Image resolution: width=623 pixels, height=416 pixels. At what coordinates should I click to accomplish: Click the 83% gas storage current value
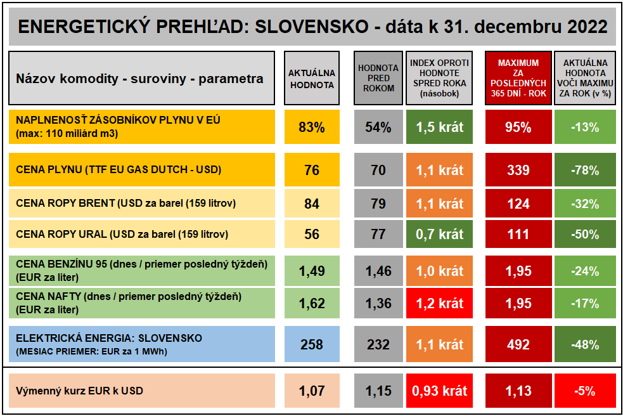point(311,127)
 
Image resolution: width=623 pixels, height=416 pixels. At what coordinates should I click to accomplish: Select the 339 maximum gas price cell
point(518,170)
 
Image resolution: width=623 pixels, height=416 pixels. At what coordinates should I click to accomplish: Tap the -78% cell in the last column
point(584,170)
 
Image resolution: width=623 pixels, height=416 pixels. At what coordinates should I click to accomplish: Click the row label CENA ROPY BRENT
point(126,204)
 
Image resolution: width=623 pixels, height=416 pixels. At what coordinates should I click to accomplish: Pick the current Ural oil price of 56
point(311,234)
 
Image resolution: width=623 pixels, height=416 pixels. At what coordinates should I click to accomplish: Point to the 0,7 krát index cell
point(439,234)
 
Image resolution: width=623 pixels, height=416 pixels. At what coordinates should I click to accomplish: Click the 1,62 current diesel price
point(311,303)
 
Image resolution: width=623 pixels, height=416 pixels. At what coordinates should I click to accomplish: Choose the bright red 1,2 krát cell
point(439,303)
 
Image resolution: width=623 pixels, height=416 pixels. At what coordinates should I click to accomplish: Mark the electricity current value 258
point(311,344)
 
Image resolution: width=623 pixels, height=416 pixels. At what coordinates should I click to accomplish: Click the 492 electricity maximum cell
point(518,344)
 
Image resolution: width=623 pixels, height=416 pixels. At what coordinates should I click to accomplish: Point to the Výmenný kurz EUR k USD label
point(80,391)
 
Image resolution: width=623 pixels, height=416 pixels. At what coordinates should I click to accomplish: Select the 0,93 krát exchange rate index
point(439,391)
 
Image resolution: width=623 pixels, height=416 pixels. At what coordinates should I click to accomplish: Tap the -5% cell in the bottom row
point(584,391)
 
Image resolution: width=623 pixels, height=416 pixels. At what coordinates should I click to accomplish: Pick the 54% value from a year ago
point(378,127)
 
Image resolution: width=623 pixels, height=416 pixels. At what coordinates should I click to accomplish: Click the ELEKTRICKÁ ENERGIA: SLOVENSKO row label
point(109,338)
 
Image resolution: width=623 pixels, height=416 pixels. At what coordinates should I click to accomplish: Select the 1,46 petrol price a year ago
point(378,271)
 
